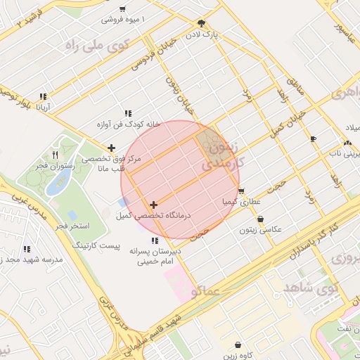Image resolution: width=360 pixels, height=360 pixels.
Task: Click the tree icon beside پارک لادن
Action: click(202, 22)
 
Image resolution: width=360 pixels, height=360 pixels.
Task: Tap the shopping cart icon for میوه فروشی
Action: click(123, 9)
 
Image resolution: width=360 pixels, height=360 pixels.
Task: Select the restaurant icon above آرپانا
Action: click(43, 97)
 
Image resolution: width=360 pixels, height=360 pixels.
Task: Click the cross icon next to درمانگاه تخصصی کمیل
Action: click(153, 205)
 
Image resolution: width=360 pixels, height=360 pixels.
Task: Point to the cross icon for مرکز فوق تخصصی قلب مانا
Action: click(111, 148)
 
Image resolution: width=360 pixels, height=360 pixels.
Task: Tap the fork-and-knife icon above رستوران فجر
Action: click(56, 154)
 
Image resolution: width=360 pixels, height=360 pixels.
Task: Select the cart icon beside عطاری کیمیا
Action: click(241, 191)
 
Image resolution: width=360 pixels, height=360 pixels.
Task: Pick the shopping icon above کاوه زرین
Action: click(239, 345)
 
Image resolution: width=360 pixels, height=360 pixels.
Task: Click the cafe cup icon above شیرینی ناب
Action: click(314, 139)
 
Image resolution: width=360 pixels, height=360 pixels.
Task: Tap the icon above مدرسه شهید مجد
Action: click(27, 249)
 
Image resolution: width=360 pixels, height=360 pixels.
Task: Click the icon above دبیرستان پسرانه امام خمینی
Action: click(155, 240)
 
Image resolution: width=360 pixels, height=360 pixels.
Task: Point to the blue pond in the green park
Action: click(54, 185)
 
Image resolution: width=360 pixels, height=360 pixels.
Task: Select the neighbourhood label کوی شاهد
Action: click(309, 288)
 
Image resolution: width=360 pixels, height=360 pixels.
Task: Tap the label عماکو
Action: click(206, 290)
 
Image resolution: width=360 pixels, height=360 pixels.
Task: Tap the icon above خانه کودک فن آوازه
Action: click(128, 113)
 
